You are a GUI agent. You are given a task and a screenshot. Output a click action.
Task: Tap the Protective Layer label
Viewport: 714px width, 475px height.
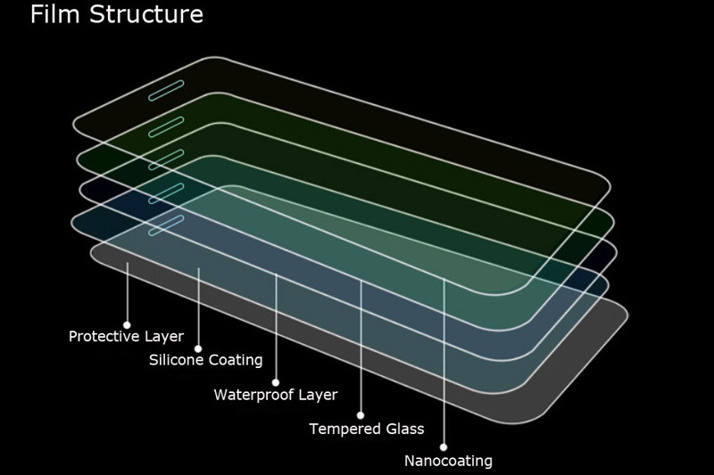126,337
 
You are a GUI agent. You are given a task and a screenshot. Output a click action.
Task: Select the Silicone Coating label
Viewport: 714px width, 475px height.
205,360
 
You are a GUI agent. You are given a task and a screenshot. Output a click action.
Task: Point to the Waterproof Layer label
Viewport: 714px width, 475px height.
275,395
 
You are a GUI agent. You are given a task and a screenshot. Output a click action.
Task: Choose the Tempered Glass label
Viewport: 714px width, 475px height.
366,429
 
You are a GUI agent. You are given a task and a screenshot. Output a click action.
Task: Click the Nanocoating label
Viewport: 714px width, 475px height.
448,461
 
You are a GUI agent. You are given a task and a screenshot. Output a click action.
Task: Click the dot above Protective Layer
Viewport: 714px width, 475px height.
127,324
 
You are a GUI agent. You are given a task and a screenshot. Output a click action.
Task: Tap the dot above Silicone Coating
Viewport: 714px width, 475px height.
198,348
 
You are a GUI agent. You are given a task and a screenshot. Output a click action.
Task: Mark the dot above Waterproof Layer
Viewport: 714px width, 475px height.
276,382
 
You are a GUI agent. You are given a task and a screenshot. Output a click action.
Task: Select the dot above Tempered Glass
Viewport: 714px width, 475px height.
361,415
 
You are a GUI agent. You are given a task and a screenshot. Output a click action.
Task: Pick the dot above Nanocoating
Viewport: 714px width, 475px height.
444,447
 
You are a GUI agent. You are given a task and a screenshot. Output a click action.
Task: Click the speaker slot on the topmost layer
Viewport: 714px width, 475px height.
166,90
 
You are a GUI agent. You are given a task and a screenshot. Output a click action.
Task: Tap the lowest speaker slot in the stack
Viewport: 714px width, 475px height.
166,225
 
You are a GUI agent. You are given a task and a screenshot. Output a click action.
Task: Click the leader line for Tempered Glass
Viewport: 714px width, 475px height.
361,348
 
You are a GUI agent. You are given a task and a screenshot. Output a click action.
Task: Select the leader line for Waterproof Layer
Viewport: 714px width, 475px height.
276,330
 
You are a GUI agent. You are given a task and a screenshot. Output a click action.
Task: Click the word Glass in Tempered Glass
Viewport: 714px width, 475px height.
404,429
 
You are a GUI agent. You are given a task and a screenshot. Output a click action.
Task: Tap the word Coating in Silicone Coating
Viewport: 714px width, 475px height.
235,360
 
